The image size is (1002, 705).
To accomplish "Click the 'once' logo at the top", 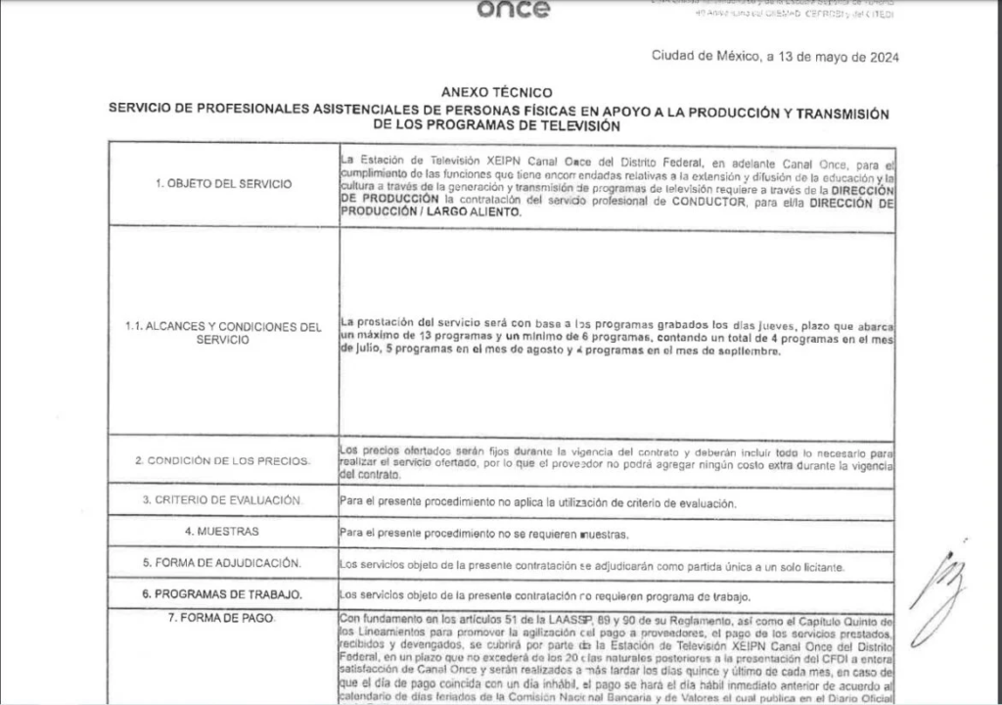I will tap(514, 11).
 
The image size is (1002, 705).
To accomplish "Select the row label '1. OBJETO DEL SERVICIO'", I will tap(223, 184).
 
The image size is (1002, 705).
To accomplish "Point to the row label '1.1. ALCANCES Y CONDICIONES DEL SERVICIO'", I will tap(223, 332).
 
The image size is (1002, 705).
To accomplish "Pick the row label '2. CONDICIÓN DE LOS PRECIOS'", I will tap(223, 459).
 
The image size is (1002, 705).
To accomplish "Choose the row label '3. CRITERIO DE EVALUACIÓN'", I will tap(223, 499).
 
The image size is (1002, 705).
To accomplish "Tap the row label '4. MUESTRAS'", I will tap(223, 531).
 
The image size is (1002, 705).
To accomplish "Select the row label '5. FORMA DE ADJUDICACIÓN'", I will tap(223, 563).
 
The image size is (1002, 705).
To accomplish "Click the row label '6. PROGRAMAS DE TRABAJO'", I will tap(223, 594).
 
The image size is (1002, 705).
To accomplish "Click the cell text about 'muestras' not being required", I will tap(482, 534).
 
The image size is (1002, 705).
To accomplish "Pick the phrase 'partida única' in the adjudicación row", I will tap(636, 565).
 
